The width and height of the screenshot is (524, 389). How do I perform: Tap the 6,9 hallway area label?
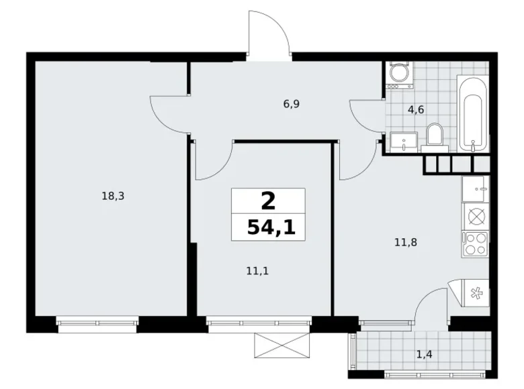tap(291, 104)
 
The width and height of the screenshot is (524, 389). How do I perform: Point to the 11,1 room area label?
tap(253, 271)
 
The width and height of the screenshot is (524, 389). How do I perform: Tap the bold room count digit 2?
tap(269, 200)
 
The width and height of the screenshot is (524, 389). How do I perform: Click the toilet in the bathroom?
tap(434, 134)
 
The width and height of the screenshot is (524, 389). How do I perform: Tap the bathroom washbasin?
tap(404, 142)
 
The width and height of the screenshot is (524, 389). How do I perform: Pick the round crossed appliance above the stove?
tap(476, 216)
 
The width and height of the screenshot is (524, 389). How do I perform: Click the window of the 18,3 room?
tap(98, 323)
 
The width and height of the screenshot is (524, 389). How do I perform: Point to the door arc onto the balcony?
tap(430, 305)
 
